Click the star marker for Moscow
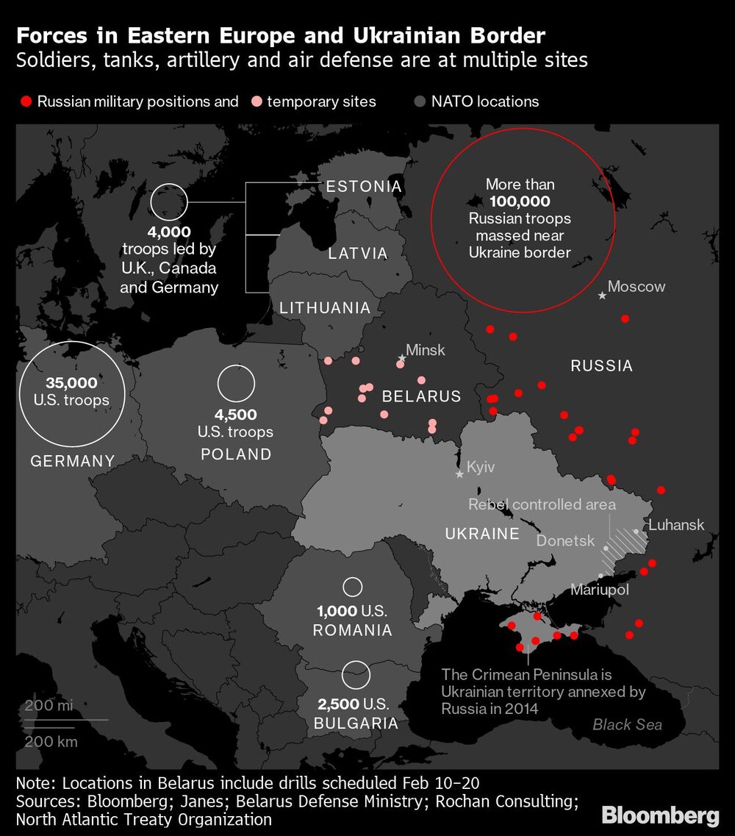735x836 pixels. [603, 295]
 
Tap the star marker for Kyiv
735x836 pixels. [460, 474]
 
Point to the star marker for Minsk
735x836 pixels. [402, 358]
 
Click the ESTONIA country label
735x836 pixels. [364, 186]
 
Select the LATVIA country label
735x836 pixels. [358, 254]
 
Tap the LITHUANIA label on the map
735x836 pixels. [325, 309]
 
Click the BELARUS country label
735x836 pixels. [421, 396]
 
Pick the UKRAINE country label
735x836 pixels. [482, 534]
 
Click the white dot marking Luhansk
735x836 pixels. [636, 531]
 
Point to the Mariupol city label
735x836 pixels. [600, 590]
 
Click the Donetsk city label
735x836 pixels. [566, 540]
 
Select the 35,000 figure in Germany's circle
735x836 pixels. [71, 382]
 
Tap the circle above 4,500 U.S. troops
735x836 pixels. [236, 385]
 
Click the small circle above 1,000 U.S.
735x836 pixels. [353, 587]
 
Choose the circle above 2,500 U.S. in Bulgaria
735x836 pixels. [356, 673]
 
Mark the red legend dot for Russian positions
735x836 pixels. [26, 101]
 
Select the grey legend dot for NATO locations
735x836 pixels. [420, 101]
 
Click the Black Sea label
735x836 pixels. [627, 725]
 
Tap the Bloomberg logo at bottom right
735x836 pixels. [659, 815]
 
